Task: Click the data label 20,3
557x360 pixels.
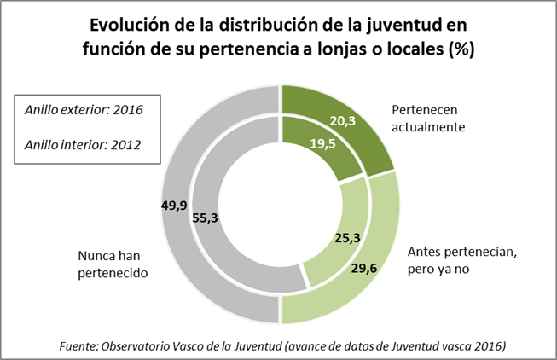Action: click(x=343, y=121)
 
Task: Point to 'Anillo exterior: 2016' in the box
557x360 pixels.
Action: click(x=84, y=110)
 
